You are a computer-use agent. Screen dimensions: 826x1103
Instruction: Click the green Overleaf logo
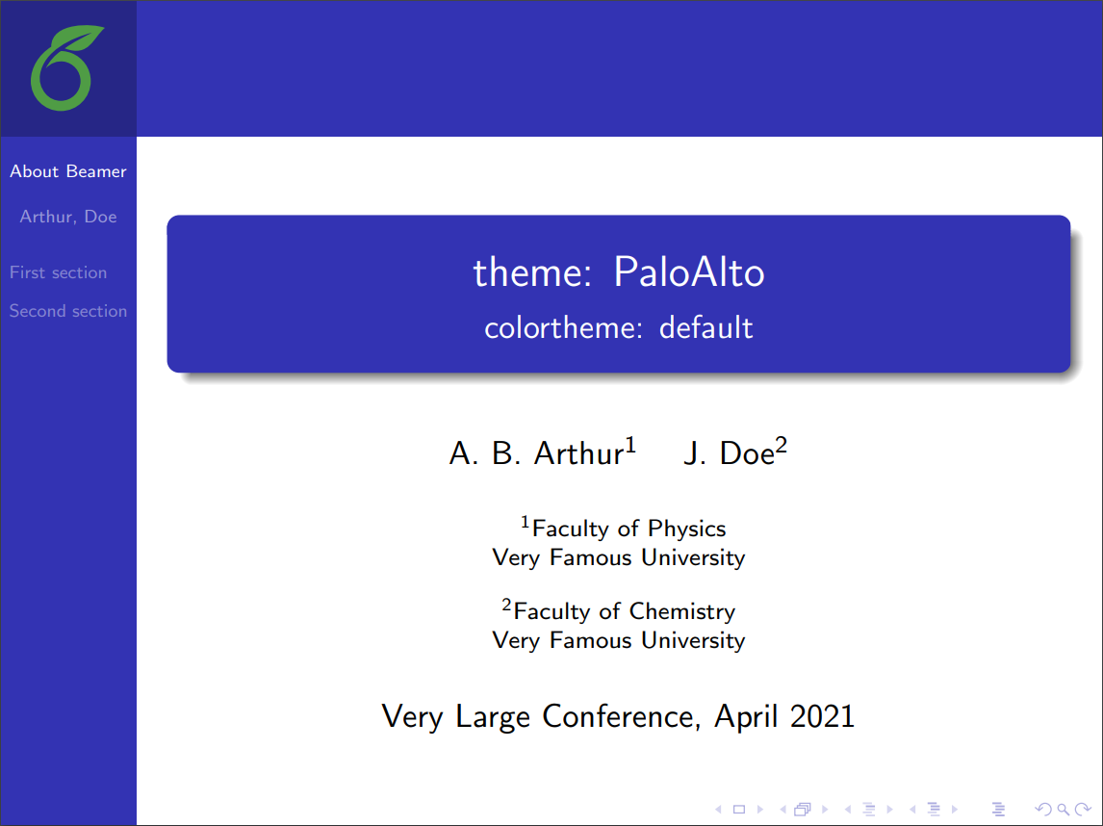tap(66, 68)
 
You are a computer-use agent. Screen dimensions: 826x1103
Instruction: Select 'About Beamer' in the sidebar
tap(68, 171)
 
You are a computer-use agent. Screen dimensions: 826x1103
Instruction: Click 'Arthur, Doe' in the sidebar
tap(68, 217)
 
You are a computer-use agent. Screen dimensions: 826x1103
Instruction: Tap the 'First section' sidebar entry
tap(58, 272)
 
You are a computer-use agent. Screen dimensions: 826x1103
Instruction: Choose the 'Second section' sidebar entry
tap(68, 311)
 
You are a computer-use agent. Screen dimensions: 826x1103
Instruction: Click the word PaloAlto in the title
tap(689, 273)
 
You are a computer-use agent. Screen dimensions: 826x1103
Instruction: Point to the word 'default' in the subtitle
tap(705, 328)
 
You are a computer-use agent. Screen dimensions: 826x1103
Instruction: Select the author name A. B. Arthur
tap(536, 453)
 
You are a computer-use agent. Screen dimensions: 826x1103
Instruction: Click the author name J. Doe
tap(729, 453)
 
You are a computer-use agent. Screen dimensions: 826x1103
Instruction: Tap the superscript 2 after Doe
tap(782, 445)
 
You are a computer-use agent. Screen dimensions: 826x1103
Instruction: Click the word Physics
tap(686, 529)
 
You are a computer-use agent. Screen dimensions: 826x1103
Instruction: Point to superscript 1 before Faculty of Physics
tap(526, 522)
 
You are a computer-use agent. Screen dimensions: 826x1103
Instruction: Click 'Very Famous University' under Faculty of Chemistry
tap(618, 640)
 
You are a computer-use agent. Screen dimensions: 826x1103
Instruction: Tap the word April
tap(747, 717)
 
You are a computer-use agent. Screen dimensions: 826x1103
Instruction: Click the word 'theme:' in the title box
tap(531, 273)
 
